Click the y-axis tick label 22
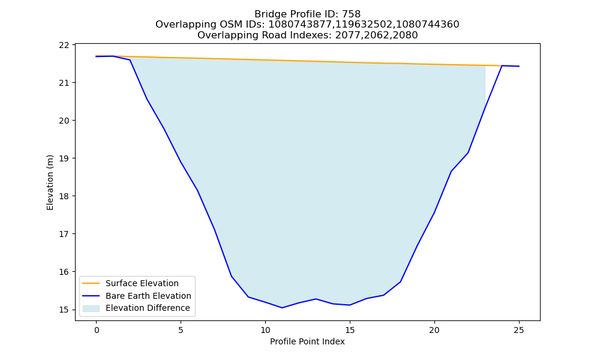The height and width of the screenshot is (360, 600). tap(64, 45)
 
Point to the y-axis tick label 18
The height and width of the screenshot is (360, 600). tap(64, 196)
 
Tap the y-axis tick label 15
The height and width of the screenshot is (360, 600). tap(64, 310)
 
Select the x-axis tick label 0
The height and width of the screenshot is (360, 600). tap(97, 330)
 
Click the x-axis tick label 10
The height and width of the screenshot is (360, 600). tap(265, 330)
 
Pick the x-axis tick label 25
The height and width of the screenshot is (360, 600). tap(518, 330)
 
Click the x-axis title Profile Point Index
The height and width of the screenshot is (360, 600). tap(307, 341)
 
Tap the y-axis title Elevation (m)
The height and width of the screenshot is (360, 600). tap(50, 182)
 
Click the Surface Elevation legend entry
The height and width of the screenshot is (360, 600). tap(130, 283)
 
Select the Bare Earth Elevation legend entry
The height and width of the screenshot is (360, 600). tap(137, 296)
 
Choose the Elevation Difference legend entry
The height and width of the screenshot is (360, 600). tap(136, 308)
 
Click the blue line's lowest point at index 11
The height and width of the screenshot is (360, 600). tap(282, 308)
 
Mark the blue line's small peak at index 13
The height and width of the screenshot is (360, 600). tap(316, 299)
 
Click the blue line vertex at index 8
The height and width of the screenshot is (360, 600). tap(232, 276)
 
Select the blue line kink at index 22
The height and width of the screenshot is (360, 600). tap(468, 152)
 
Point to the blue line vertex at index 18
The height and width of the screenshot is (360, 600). tap(400, 282)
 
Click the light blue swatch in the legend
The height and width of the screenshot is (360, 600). tap(91, 308)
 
